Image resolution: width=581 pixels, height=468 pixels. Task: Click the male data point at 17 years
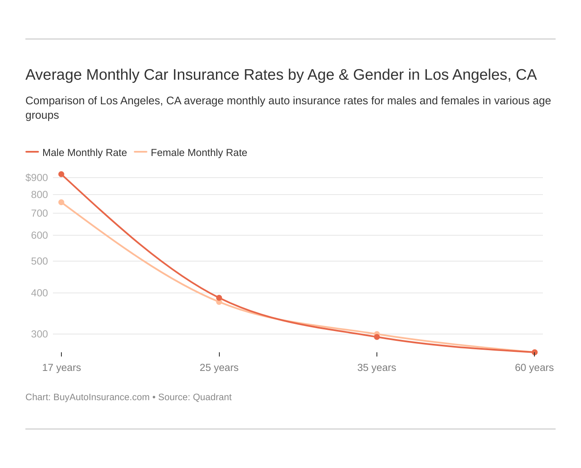click(61, 174)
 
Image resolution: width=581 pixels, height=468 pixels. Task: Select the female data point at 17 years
click(61, 202)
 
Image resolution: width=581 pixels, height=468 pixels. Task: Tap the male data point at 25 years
click(219, 298)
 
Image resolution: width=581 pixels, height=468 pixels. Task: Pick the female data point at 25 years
click(219, 302)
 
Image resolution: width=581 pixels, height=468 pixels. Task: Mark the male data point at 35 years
click(377, 337)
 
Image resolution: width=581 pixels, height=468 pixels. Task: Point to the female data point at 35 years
click(377, 334)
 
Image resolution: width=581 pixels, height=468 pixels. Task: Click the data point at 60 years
click(534, 352)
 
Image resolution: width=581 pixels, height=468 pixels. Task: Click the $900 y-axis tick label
click(37, 178)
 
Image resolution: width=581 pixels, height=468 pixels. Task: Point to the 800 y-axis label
click(39, 195)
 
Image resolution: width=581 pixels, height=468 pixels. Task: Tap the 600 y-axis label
click(39, 235)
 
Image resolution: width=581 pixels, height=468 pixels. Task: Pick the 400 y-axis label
click(39, 293)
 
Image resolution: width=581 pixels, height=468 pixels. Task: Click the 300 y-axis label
click(39, 334)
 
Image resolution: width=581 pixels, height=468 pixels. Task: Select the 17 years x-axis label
click(61, 368)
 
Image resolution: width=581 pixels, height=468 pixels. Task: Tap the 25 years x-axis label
click(219, 368)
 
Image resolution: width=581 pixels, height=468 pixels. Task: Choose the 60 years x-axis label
click(534, 368)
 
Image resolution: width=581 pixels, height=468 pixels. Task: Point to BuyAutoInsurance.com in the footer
click(101, 397)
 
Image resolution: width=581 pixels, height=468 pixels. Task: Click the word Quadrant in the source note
click(212, 397)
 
